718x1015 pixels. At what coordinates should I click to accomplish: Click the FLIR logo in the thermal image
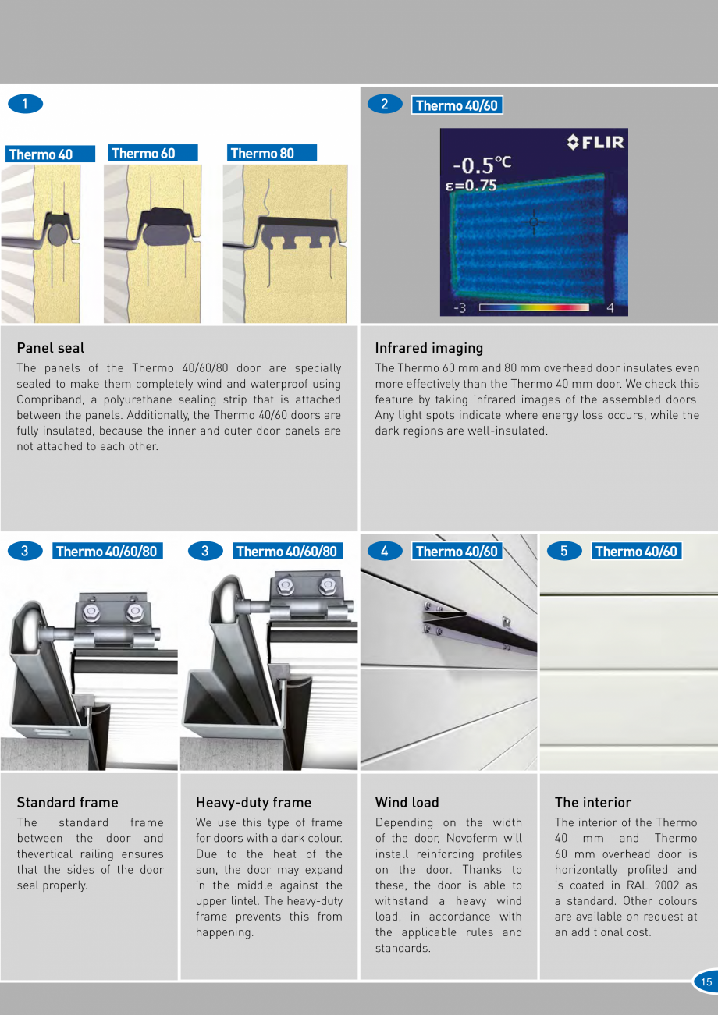(595, 142)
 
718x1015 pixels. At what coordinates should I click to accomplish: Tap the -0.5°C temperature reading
(482, 165)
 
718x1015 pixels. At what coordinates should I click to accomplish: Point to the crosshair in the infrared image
(534, 222)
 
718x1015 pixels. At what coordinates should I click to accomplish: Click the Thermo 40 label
(50, 154)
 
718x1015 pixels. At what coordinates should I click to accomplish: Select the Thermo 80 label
(272, 153)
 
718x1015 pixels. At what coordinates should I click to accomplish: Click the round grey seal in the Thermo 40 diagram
(58, 234)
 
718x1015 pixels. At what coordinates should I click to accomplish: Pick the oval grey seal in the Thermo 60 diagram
(162, 233)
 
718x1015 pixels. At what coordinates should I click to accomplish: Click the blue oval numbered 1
(26, 104)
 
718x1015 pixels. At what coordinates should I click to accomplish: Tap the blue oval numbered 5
(564, 551)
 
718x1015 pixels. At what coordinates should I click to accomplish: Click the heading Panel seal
(50, 348)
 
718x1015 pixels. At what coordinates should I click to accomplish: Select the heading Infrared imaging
(428, 348)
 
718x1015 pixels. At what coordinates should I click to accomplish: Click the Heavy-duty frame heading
(254, 803)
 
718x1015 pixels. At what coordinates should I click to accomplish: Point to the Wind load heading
(407, 803)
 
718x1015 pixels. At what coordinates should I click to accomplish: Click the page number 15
(706, 982)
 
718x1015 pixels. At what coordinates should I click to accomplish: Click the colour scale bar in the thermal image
(534, 307)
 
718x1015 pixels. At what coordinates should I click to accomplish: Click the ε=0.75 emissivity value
(471, 186)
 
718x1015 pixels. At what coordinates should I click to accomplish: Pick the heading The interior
(593, 803)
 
